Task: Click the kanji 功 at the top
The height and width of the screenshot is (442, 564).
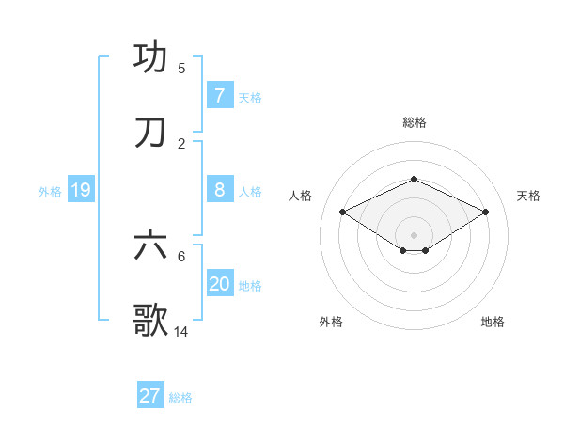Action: tap(151, 57)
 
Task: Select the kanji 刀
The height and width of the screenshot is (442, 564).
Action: tap(151, 133)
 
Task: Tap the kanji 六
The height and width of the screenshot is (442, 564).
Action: tap(151, 245)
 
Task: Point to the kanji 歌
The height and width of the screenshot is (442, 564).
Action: tap(151, 321)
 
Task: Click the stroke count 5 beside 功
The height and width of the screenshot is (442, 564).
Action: tap(181, 68)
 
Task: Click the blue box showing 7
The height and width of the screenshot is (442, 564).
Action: tap(219, 95)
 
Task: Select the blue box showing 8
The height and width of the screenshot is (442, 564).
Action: tap(219, 190)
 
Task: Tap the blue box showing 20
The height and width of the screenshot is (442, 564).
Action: tap(219, 284)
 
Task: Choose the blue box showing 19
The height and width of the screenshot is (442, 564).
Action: tap(80, 190)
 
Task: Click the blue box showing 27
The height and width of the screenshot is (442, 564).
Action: tap(150, 396)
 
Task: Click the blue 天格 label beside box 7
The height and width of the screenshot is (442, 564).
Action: tap(250, 97)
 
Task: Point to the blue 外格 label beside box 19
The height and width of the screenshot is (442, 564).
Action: tap(50, 192)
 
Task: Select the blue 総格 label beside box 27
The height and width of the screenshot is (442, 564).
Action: tap(180, 398)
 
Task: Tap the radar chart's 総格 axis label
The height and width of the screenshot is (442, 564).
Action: tap(414, 122)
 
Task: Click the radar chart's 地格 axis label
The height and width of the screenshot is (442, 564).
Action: tap(493, 322)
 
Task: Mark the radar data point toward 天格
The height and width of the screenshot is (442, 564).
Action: tap(486, 212)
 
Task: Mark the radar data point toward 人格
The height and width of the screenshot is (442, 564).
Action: tap(342, 212)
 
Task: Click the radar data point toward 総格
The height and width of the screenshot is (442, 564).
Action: tap(414, 179)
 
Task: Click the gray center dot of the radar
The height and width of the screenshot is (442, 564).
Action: tap(414, 234)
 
